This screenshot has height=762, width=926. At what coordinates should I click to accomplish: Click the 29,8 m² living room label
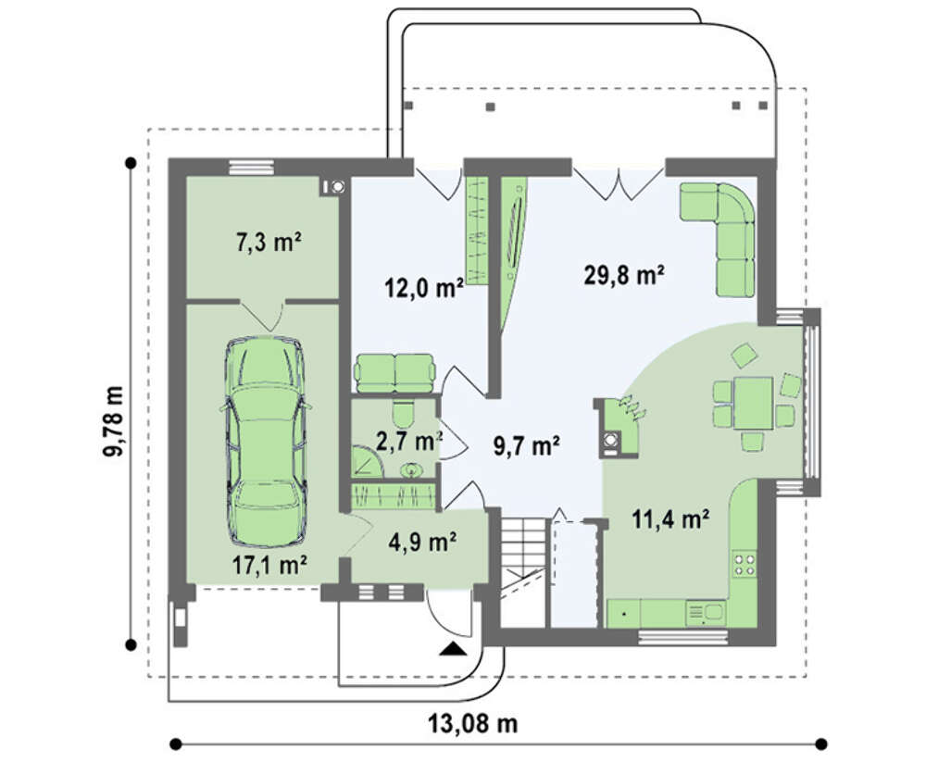624,275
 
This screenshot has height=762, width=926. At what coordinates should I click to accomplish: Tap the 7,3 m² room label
269,242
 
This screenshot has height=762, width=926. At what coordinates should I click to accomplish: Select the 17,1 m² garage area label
269,566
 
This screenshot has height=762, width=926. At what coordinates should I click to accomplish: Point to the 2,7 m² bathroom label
409,441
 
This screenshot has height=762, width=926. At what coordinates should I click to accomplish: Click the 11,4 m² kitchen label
670,519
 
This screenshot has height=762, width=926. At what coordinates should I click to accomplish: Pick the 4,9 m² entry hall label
422,541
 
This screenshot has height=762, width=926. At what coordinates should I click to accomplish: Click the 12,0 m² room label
423,288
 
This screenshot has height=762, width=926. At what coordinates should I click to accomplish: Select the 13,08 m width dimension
472,723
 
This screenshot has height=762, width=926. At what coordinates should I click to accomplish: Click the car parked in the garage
266,442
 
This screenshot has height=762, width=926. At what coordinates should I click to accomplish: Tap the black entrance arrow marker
453,649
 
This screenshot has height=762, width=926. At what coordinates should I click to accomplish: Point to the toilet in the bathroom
405,414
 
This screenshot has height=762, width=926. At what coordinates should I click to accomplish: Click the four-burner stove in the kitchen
745,564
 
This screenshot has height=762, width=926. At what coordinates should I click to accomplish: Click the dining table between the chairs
754,403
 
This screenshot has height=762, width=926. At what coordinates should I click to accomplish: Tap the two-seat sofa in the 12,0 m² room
394,373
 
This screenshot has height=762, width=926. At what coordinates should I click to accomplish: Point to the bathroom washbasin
411,470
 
